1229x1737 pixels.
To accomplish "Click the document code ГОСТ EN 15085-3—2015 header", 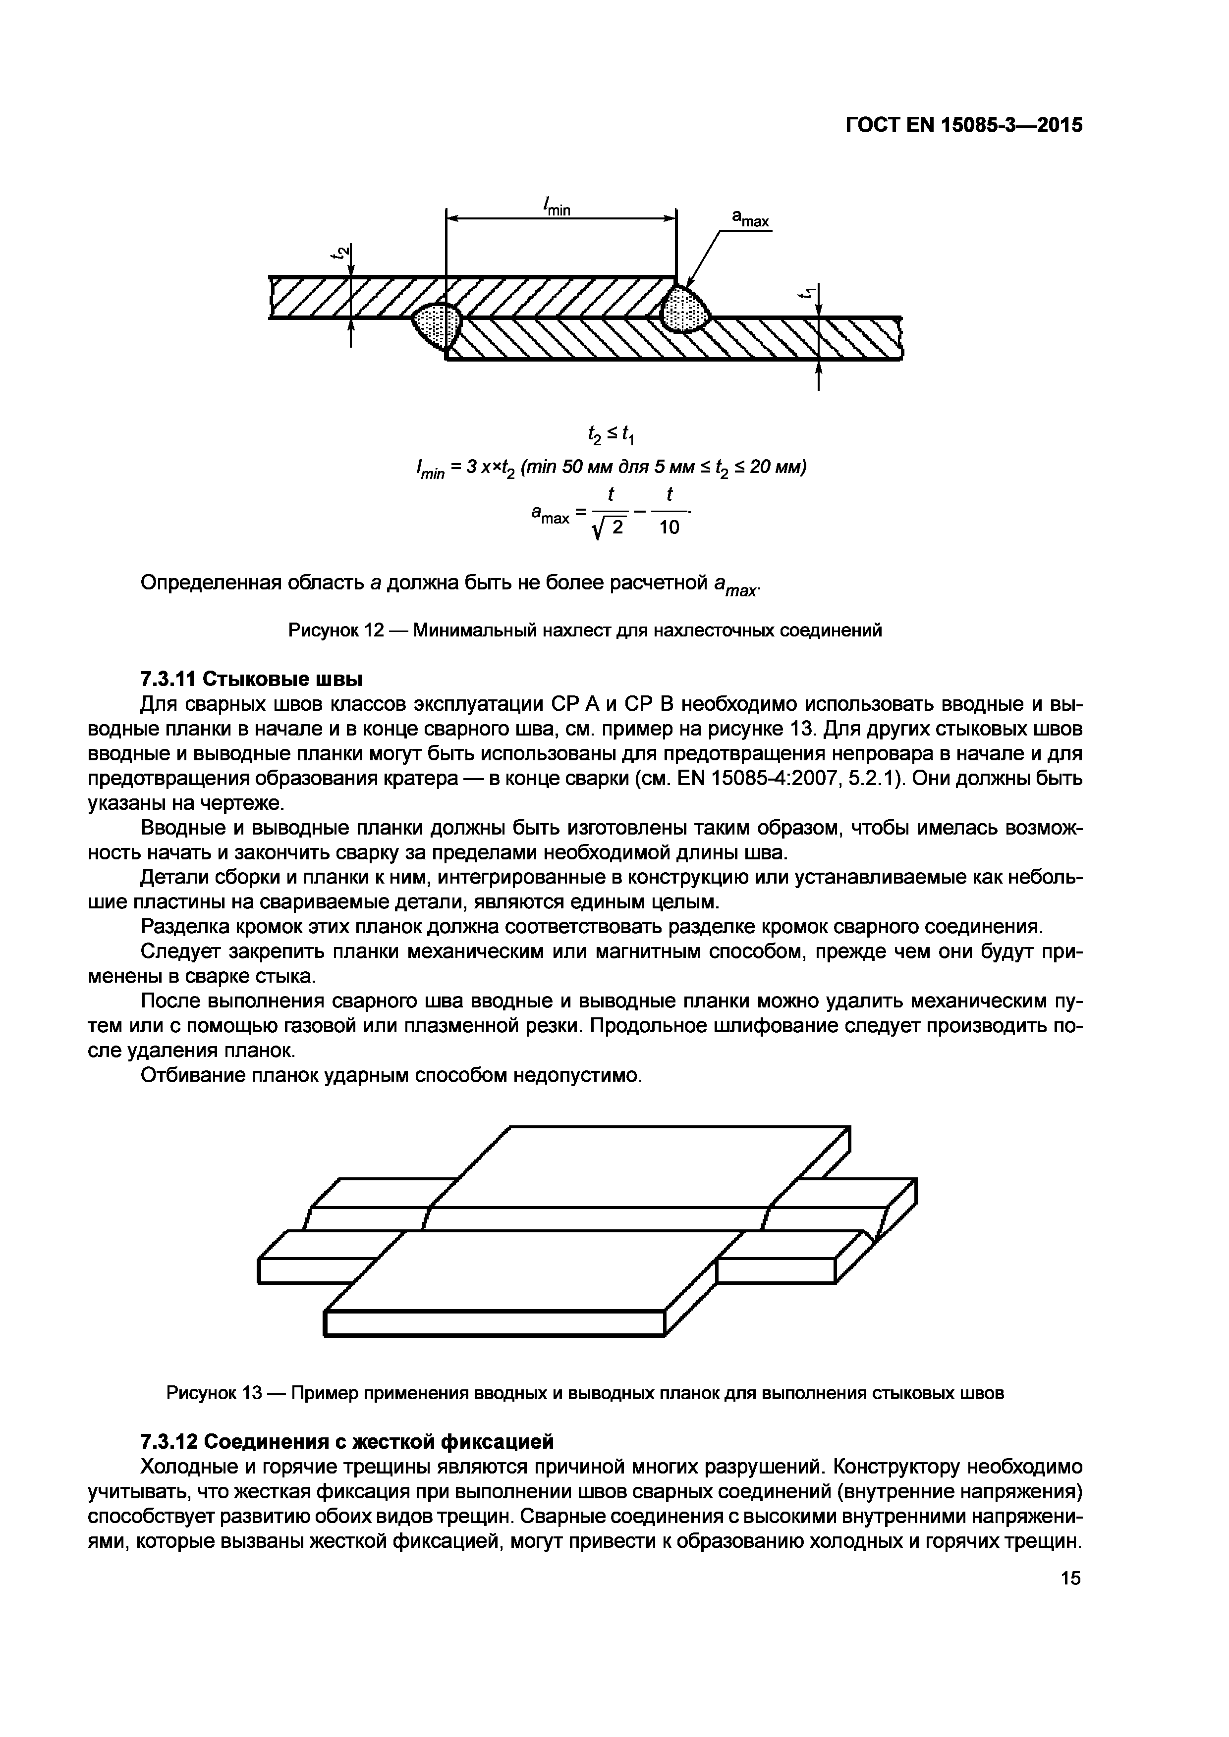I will pyautogui.click(x=963, y=125).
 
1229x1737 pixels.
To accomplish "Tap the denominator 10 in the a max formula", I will pyautogui.click(x=669, y=528).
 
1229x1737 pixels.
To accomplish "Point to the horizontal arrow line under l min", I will pyautogui.click(x=560, y=219).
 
